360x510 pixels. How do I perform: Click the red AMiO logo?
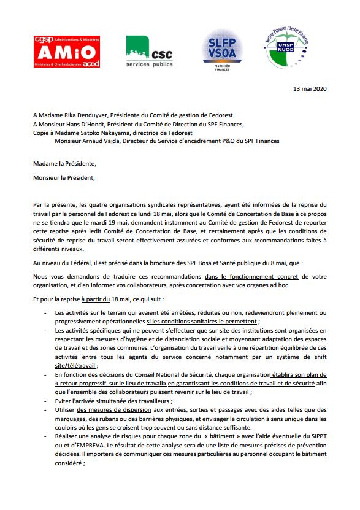coord(67,51)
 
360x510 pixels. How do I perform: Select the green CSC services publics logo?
coord(149,52)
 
